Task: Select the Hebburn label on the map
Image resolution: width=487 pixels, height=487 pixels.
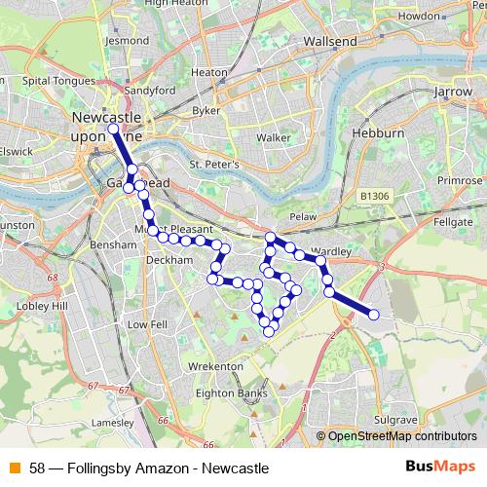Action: click(x=372, y=131)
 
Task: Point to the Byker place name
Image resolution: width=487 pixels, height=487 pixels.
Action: click(x=206, y=110)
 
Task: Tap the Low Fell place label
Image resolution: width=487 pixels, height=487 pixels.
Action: click(x=147, y=324)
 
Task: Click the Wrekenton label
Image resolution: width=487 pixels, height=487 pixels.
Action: click(x=215, y=365)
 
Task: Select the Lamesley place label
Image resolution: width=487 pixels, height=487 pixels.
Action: click(x=111, y=424)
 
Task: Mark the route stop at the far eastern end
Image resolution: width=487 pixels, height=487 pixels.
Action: click(x=373, y=315)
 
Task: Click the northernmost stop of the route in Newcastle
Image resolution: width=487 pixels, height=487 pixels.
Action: click(x=113, y=129)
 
